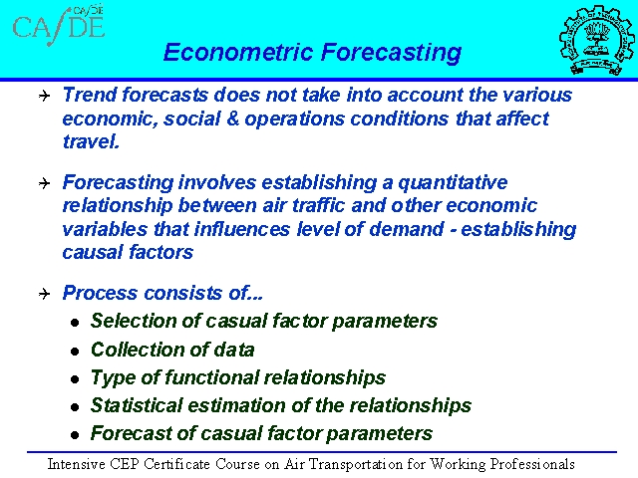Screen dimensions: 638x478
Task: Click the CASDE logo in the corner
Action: tap(59, 25)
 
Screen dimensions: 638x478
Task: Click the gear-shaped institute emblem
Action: tap(596, 40)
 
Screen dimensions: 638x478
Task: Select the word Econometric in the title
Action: tap(238, 52)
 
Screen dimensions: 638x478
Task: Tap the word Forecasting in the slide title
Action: tap(391, 53)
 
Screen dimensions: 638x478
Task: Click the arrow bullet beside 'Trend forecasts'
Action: tap(44, 96)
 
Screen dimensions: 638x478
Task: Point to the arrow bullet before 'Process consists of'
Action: tap(44, 294)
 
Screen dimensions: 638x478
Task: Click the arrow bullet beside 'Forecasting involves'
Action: tap(44, 183)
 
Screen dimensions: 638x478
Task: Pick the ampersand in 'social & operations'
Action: tap(232, 119)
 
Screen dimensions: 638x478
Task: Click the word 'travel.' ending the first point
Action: tap(91, 141)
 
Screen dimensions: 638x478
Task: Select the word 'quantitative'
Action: tap(453, 183)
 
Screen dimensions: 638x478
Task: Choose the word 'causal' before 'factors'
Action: tap(94, 252)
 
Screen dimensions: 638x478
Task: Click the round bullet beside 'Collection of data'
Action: tap(75, 352)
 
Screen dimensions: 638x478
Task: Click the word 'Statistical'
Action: tap(137, 405)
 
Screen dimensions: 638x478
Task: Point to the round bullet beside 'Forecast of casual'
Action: tap(75, 435)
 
